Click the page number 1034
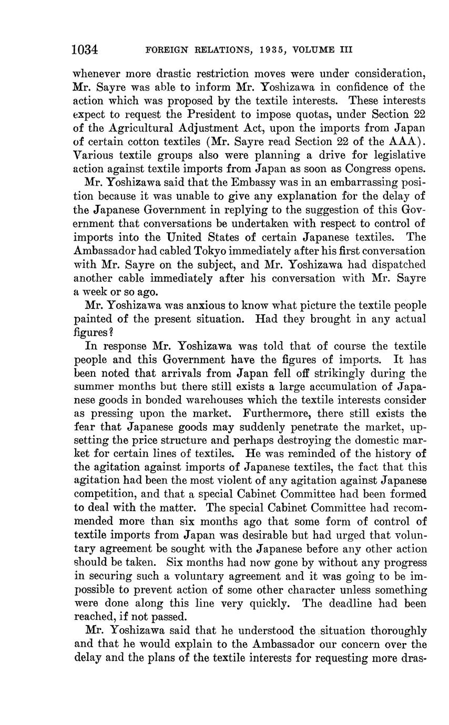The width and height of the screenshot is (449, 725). click(85, 50)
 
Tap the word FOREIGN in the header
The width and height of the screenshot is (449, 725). click(166, 50)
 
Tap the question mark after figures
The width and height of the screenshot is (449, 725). click(111, 333)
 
